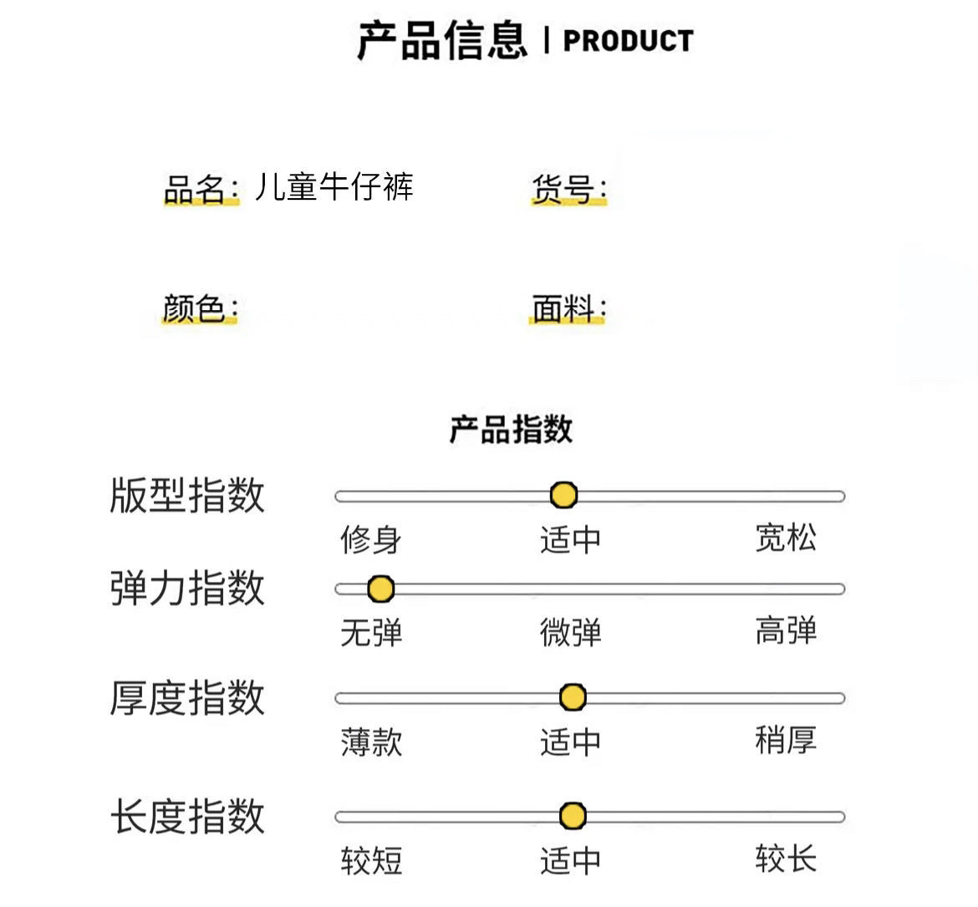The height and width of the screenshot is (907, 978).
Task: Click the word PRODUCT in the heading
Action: coord(628,40)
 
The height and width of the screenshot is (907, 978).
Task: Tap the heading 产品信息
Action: coord(442,40)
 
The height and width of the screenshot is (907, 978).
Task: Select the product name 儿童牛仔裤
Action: coord(334,186)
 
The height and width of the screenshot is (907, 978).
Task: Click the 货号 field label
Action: coord(568,190)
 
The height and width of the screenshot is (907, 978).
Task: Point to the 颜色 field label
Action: coord(200,308)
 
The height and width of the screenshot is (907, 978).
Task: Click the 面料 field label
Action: coord(568,308)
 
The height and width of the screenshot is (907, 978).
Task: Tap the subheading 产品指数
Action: coord(511,429)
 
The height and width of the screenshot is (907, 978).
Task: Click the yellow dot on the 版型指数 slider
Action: coord(564,495)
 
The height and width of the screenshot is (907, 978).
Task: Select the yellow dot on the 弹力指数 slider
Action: coord(380,589)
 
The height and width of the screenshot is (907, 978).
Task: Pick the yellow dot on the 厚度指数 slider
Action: coord(573,697)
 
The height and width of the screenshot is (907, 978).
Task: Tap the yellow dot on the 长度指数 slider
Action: coord(573,816)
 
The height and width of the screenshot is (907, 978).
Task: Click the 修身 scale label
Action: coord(370,539)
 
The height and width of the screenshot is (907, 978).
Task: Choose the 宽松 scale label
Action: coord(786,538)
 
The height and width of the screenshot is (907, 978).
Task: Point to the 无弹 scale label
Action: coord(370,633)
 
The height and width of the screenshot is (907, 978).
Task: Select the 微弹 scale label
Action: coord(570,633)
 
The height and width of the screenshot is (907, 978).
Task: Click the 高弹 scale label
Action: coord(786,630)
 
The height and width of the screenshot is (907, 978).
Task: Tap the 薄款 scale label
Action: coord(370,741)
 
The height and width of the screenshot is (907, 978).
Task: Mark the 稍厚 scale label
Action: coord(786,740)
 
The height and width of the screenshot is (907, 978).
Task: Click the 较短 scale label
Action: coord(370,860)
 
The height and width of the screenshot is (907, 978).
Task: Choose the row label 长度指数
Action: coord(187,816)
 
